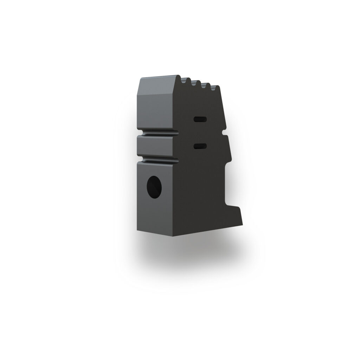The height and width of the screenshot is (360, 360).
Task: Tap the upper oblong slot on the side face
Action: click(200, 120)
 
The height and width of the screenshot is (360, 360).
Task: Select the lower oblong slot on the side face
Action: click(200, 146)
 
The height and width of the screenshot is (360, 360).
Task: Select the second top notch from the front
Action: click(194, 84)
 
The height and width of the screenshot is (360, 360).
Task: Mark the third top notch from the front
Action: click(204, 85)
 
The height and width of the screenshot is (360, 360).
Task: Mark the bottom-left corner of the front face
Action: click(137, 229)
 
